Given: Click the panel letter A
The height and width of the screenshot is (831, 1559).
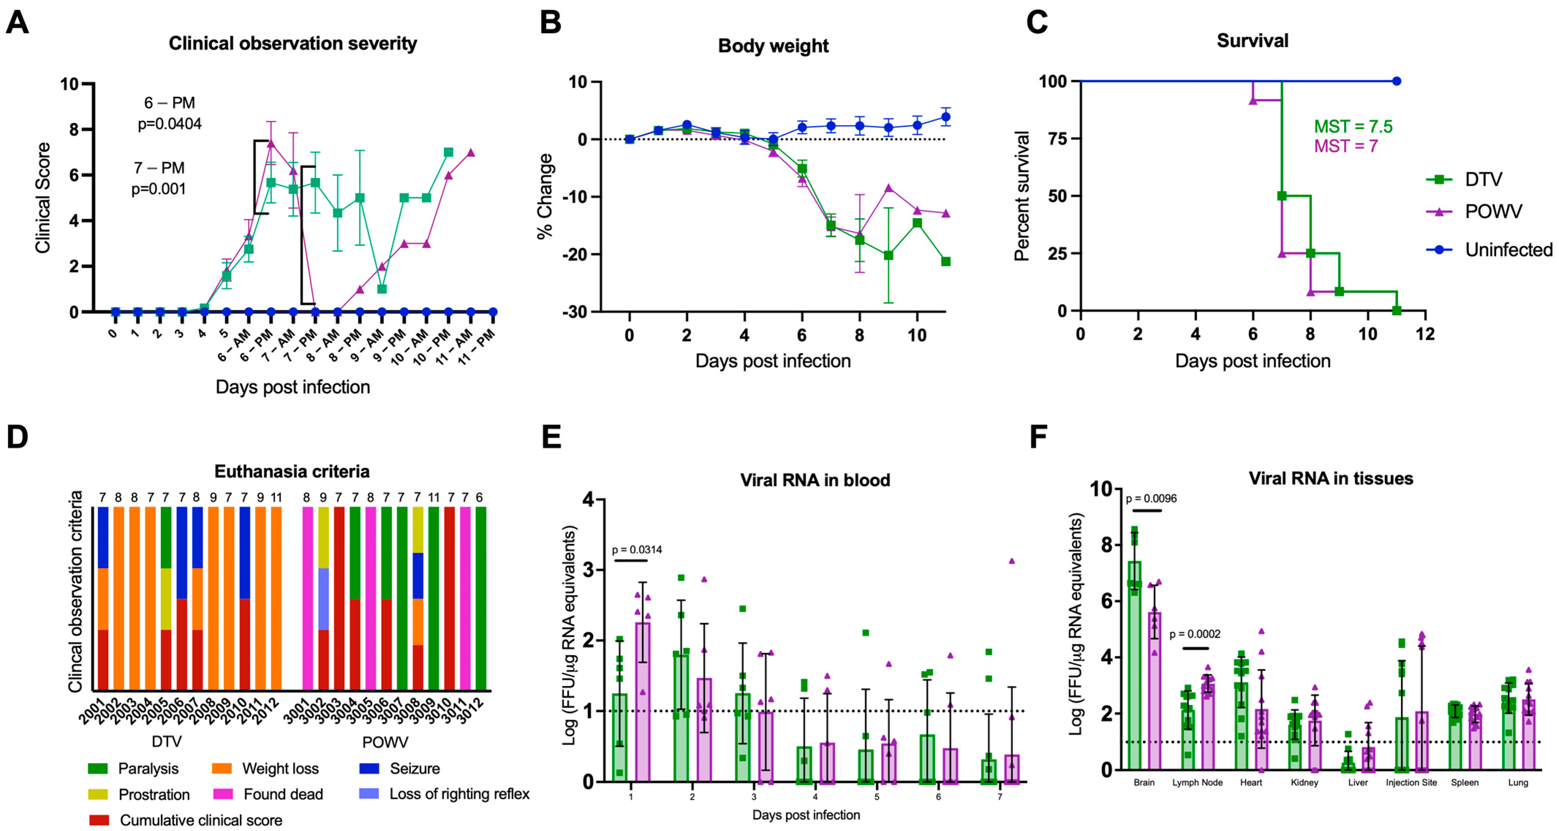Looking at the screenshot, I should (x=17, y=23).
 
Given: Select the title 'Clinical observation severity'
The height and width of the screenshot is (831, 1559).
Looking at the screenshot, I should (x=292, y=43).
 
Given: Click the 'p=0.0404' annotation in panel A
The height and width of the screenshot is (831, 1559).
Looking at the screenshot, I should (x=170, y=124).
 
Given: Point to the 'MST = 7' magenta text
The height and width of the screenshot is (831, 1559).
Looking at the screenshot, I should (x=1346, y=146).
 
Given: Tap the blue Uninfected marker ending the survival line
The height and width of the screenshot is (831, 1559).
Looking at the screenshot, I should (x=1396, y=81).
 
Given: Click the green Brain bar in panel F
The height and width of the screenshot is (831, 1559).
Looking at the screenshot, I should (x=1134, y=666).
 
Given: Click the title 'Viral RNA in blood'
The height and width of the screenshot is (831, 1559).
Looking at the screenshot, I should (x=815, y=480).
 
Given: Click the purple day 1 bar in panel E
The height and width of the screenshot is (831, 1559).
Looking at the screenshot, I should (x=642, y=702).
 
